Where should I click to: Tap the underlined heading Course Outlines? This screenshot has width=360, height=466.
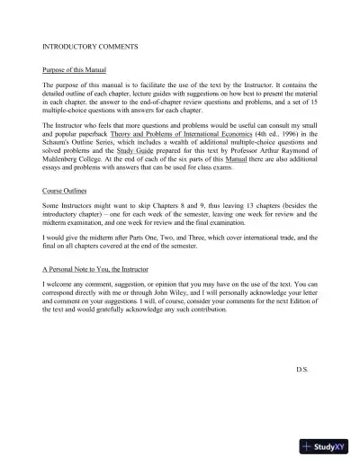tap(66, 191)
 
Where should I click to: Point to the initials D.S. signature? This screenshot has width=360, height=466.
tap(301, 368)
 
